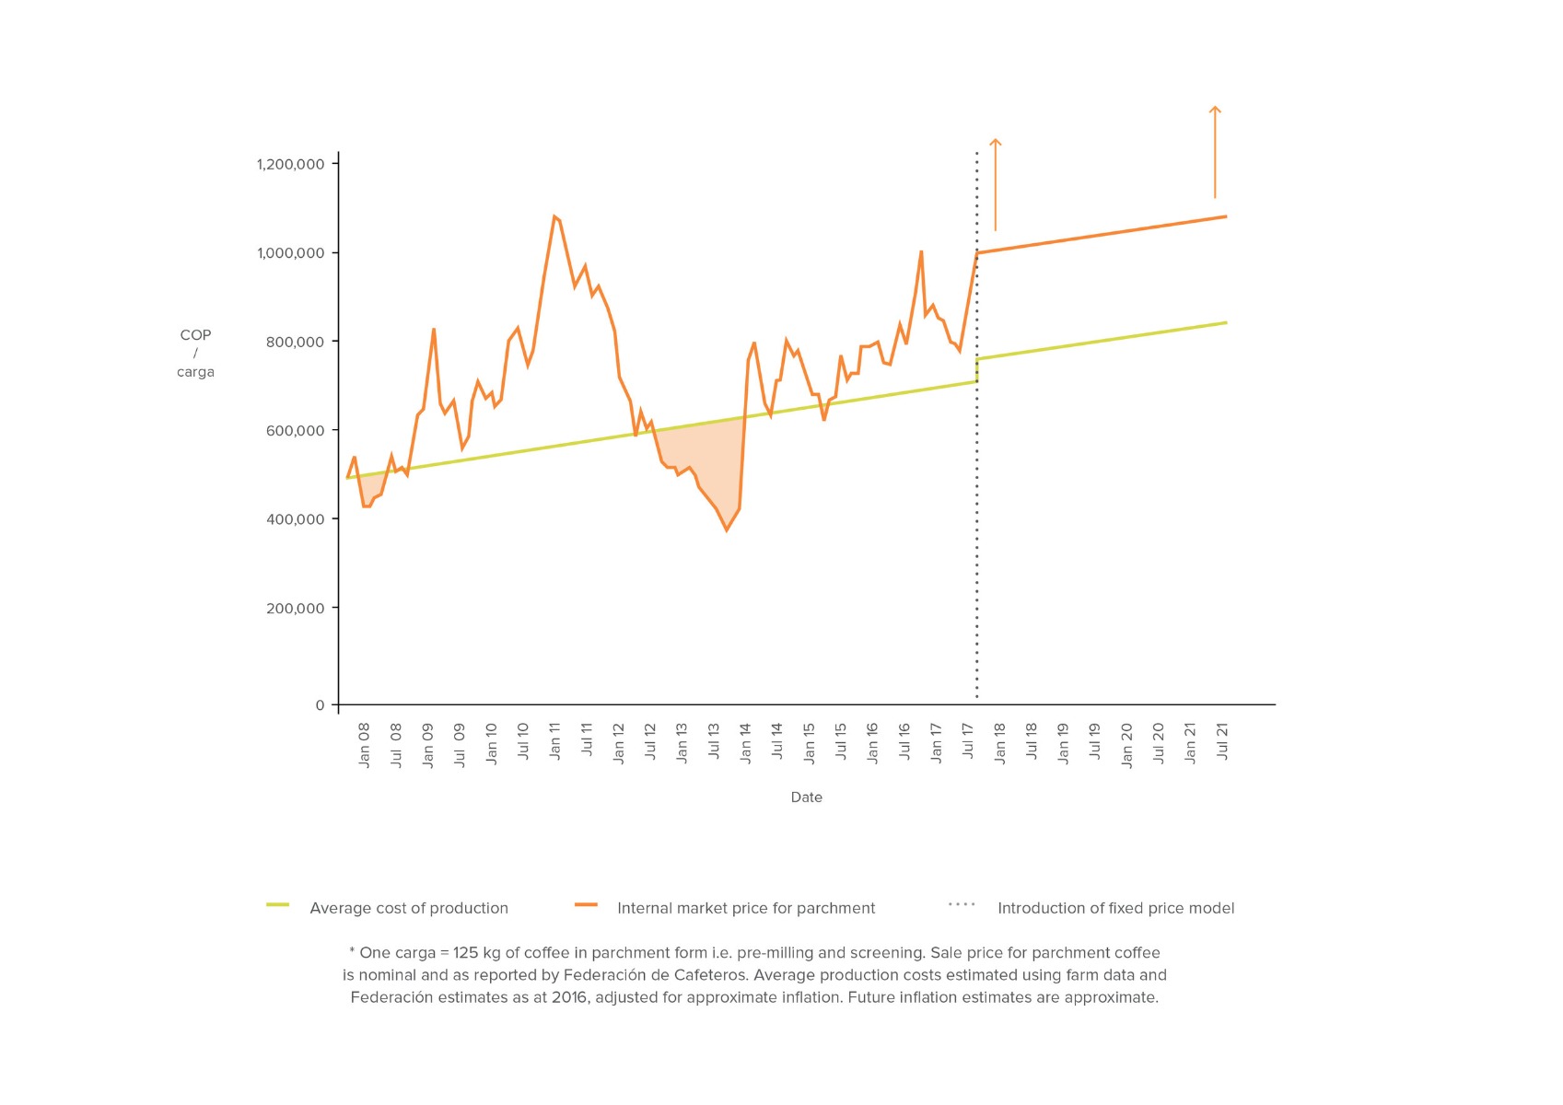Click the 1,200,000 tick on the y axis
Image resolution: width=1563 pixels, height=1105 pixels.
(x=291, y=164)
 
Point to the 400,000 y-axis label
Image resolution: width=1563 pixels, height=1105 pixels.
(x=296, y=519)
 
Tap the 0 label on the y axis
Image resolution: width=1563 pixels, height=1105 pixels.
(x=320, y=705)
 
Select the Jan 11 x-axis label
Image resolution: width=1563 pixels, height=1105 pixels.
(x=554, y=741)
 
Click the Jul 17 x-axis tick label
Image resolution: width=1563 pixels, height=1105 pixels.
(x=968, y=741)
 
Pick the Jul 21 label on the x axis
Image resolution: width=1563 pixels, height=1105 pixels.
(x=1222, y=741)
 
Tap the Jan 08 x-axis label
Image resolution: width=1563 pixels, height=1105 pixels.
(x=364, y=745)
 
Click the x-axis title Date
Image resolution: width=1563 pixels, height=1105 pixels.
(x=806, y=797)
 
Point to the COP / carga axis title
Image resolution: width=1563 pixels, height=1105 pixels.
(x=195, y=354)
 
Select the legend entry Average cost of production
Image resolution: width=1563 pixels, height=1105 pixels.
(x=409, y=908)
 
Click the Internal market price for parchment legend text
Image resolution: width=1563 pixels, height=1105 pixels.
(x=746, y=908)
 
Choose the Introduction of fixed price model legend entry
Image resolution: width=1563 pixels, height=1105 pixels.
(x=1115, y=908)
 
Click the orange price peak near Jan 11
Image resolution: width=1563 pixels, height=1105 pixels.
(x=554, y=217)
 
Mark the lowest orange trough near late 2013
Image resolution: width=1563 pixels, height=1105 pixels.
(x=726, y=529)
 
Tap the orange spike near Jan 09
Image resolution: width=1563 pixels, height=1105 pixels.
(x=434, y=330)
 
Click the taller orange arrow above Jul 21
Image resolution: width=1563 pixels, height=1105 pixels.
(x=1215, y=152)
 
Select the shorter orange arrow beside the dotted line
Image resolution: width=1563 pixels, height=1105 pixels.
(x=995, y=184)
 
